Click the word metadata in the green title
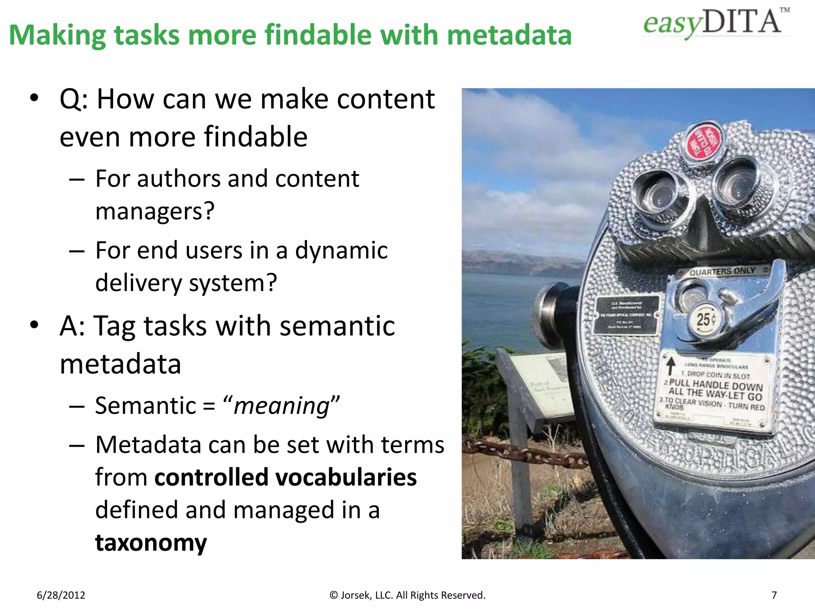coord(509,35)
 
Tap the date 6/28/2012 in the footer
coord(61,595)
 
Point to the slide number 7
coord(774,595)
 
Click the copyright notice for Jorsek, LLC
coord(407,595)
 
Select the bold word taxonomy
coord(151,543)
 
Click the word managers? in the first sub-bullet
coord(155,211)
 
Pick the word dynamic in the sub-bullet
coord(341,251)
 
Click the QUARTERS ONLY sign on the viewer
coord(722,271)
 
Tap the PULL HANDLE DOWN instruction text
coord(716,385)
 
